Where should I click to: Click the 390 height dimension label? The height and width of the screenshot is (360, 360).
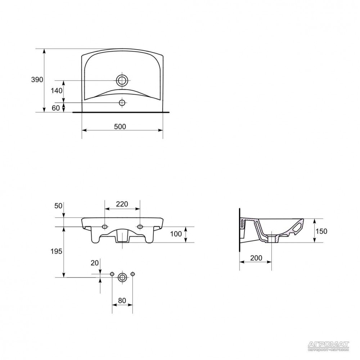(x=37, y=80)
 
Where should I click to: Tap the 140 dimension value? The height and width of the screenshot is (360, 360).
(x=57, y=91)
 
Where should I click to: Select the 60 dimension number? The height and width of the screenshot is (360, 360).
(x=55, y=108)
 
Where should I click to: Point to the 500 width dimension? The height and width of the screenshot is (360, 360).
(x=120, y=126)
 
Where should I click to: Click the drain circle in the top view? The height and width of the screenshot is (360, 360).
(x=122, y=81)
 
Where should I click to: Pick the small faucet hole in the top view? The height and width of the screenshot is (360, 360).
(x=122, y=103)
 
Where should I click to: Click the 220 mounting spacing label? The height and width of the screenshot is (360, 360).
(x=122, y=204)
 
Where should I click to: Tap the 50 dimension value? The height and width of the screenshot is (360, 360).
(x=58, y=206)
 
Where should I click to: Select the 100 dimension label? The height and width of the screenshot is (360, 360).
(x=176, y=234)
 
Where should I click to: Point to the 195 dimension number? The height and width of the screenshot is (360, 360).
(x=57, y=252)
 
